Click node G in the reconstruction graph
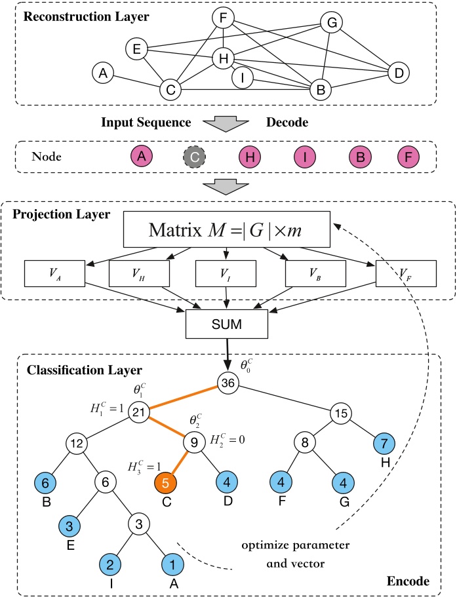coord(332,24)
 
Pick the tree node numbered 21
coord(138,412)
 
